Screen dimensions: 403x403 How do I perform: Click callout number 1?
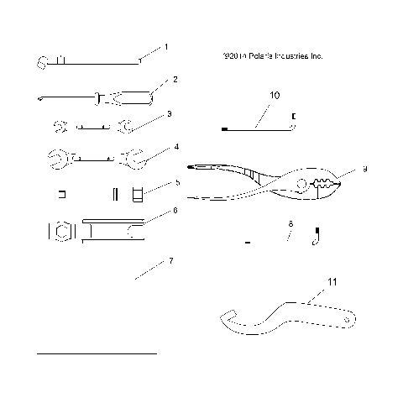pos(166,47)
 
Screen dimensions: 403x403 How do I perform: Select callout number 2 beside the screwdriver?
pos(175,80)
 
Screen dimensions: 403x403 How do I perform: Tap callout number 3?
pos(170,113)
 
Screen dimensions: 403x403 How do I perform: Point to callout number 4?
pos(175,147)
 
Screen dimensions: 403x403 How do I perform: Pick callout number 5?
pos(177,181)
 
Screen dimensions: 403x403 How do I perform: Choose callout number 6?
pos(174,211)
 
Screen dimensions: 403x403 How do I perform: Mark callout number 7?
pos(171,261)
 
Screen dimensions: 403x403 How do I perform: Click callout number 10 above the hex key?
pos(275,97)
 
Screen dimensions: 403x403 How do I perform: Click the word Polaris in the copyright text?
pos(254,56)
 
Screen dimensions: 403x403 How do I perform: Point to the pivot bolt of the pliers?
pos(302,183)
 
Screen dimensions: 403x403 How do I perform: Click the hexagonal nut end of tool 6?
pos(60,229)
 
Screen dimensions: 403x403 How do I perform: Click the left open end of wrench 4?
pos(57,157)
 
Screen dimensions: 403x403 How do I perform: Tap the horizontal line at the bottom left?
pos(97,353)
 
